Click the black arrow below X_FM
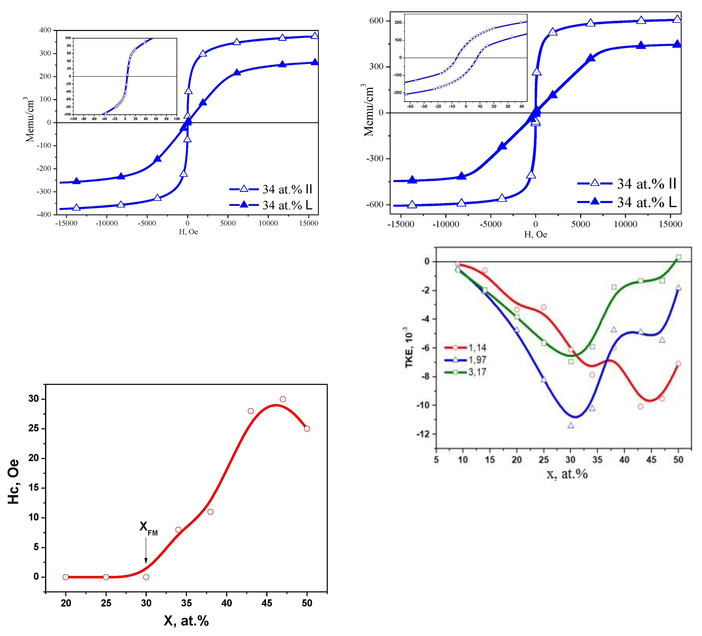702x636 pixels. pyautogui.click(x=146, y=551)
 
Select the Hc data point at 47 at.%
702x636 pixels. pyautogui.click(x=283, y=399)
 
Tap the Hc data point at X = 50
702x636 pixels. pyautogui.click(x=307, y=429)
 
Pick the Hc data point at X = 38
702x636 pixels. pyautogui.click(x=210, y=512)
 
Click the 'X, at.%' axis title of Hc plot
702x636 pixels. pyautogui.click(x=186, y=621)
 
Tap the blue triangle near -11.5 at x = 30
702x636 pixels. pyautogui.click(x=571, y=425)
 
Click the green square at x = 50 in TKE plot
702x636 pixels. pyautogui.click(x=678, y=257)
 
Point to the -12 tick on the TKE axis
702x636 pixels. pyautogui.click(x=423, y=434)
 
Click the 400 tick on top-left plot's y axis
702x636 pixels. pyautogui.click(x=45, y=30)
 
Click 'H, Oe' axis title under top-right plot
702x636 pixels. pyautogui.click(x=535, y=234)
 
